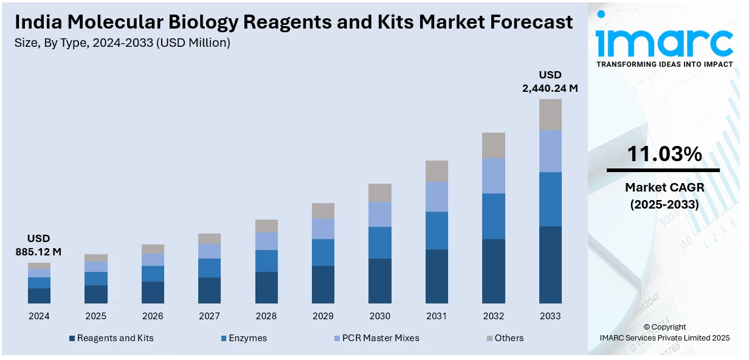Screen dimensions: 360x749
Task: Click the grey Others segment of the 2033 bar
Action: (550, 114)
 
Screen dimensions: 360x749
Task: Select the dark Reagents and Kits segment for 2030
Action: (380, 281)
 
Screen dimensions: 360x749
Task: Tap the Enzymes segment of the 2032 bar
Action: (494, 216)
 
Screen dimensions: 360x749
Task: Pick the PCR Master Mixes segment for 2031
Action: (437, 196)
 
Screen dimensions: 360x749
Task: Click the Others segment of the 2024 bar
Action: (39, 266)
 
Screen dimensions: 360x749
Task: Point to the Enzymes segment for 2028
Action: (266, 260)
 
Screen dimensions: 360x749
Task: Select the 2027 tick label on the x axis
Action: (210, 316)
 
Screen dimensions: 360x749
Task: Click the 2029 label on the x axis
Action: (323, 316)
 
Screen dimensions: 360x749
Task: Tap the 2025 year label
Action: (96, 316)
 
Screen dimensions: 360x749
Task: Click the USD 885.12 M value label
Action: (39, 244)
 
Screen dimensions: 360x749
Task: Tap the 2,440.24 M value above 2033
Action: (550, 88)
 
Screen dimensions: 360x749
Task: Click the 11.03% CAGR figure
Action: (664, 154)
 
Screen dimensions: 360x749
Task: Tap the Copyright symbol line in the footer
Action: (664, 327)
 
